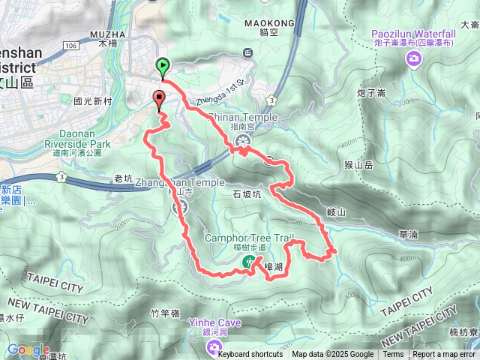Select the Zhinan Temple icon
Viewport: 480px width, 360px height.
[x=241, y=141]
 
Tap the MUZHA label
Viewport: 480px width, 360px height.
[x=104, y=34]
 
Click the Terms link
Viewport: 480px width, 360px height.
[x=393, y=355]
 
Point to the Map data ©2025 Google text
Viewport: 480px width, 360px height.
[x=332, y=355]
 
